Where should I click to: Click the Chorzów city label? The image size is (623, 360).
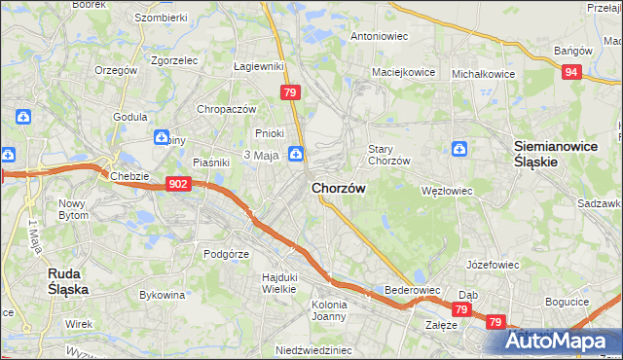[338, 189]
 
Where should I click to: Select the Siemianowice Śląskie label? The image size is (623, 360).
[549, 154]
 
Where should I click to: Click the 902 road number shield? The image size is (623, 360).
[177, 184]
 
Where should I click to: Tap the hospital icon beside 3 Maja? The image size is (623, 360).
[295, 153]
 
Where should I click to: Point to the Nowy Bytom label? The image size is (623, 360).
[73, 209]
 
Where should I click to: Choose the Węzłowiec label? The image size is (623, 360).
[446, 191]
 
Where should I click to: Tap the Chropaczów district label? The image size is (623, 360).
[226, 109]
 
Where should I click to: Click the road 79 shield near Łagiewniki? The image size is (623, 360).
[289, 92]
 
